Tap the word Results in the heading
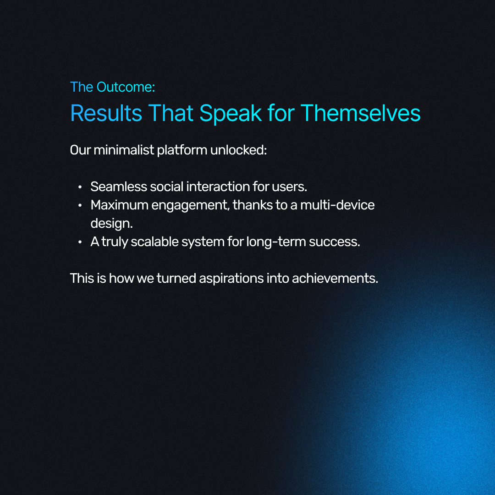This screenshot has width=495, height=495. (x=106, y=113)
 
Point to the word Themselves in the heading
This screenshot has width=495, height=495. (x=361, y=113)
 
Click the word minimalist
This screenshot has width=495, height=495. (x=124, y=150)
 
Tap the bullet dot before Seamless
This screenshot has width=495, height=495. (x=80, y=187)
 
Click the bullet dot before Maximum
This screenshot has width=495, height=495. (x=80, y=205)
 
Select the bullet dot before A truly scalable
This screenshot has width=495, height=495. (x=80, y=242)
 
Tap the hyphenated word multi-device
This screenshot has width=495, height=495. (x=337, y=205)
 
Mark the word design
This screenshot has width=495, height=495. (x=111, y=224)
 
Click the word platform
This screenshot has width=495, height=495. (x=182, y=150)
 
